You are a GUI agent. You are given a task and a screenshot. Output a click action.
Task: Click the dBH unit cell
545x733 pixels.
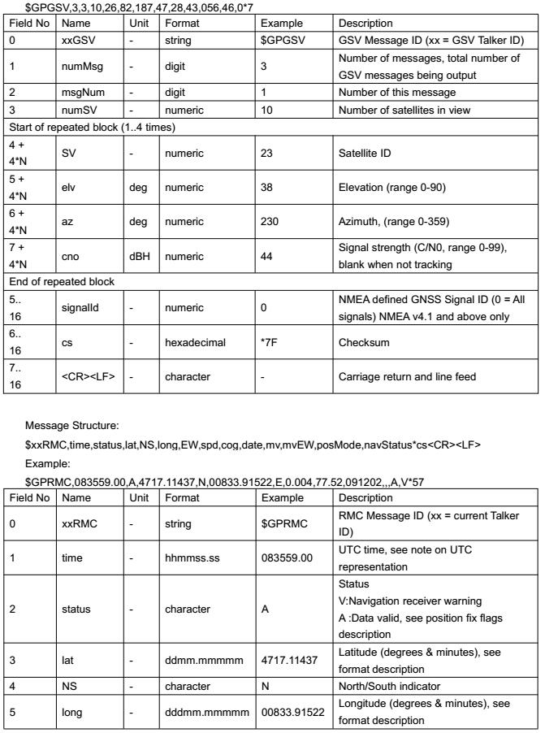pyautogui.click(x=139, y=255)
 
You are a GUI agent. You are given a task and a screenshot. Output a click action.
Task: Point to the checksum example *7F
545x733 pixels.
pyautogui.click(x=269, y=342)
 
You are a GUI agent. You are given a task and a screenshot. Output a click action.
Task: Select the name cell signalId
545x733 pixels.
pyautogui.click(x=80, y=308)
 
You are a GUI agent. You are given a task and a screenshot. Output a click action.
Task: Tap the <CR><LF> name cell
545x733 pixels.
pyautogui.click(x=86, y=377)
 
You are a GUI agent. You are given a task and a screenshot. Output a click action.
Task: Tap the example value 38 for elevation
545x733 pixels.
pyautogui.click(x=266, y=186)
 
